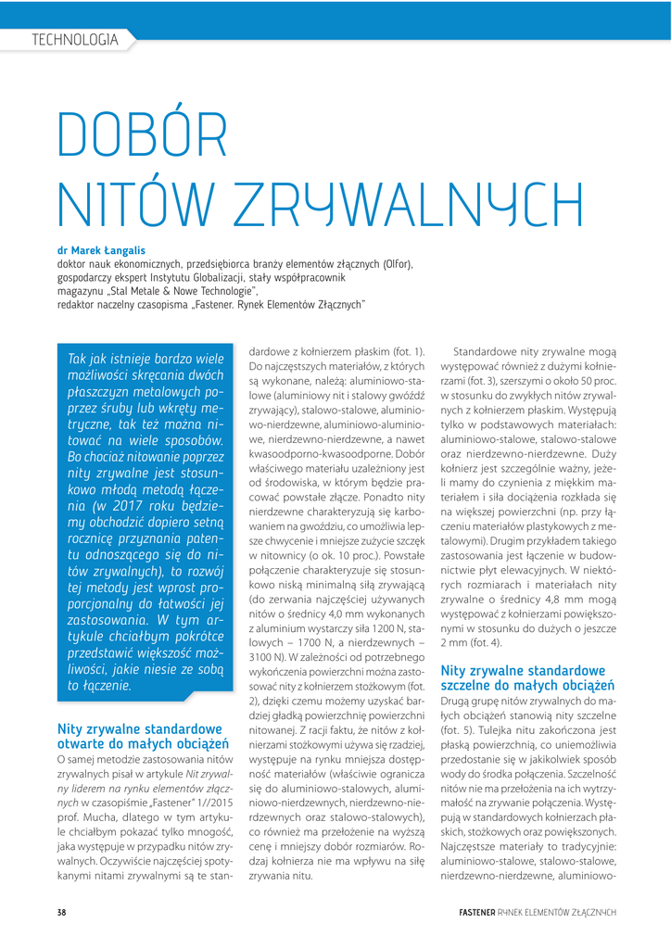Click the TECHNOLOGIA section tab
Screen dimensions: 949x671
tap(74, 40)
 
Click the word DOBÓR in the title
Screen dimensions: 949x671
tap(142, 136)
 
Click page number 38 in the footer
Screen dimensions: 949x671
tap(61, 913)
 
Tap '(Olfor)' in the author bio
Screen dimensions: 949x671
tap(395, 263)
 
